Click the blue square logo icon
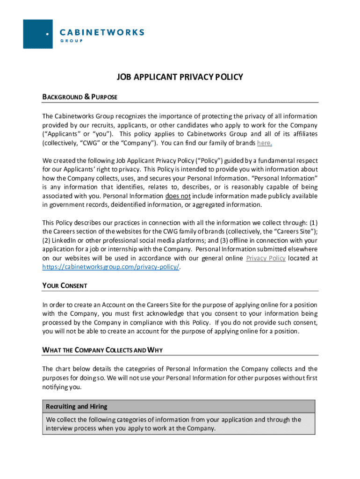(x=38, y=34)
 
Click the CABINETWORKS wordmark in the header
(x=102, y=32)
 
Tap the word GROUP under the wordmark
(x=72, y=41)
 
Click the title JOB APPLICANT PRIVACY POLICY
(x=180, y=77)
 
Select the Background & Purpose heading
(x=79, y=97)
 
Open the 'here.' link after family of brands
(x=264, y=143)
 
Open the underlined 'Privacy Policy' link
(x=266, y=258)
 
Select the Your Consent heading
(x=65, y=285)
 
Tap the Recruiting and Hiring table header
(x=77, y=406)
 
